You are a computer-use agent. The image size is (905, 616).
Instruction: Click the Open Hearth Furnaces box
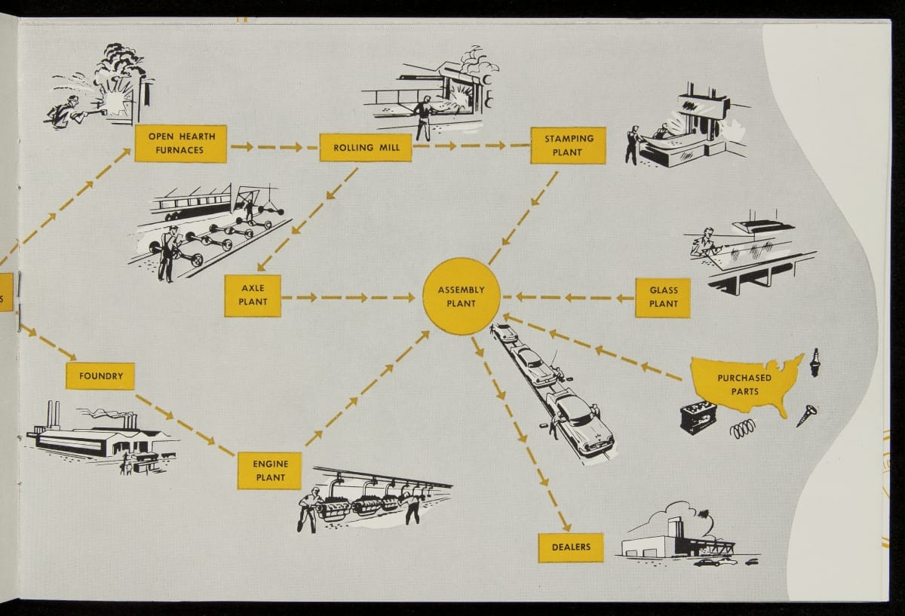(180, 143)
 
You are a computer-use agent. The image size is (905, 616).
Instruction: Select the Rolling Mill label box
(365, 148)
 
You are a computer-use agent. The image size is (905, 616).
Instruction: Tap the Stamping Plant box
(568, 146)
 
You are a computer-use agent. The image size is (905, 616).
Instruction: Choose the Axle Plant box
(253, 296)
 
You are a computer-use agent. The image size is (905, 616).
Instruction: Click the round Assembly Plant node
(461, 296)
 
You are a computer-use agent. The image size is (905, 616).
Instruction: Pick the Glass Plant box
(663, 297)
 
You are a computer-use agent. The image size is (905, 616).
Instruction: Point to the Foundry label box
(100, 375)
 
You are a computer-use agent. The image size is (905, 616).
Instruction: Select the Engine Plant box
(269, 470)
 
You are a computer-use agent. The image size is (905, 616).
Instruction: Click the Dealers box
(570, 547)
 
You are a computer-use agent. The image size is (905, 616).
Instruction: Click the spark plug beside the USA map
(815, 362)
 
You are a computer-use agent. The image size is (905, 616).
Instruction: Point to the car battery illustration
(698, 417)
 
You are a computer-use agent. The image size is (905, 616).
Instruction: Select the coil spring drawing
(742, 428)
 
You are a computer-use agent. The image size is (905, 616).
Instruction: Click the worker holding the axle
(168, 252)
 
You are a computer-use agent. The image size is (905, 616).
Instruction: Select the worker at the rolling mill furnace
(423, 117)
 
